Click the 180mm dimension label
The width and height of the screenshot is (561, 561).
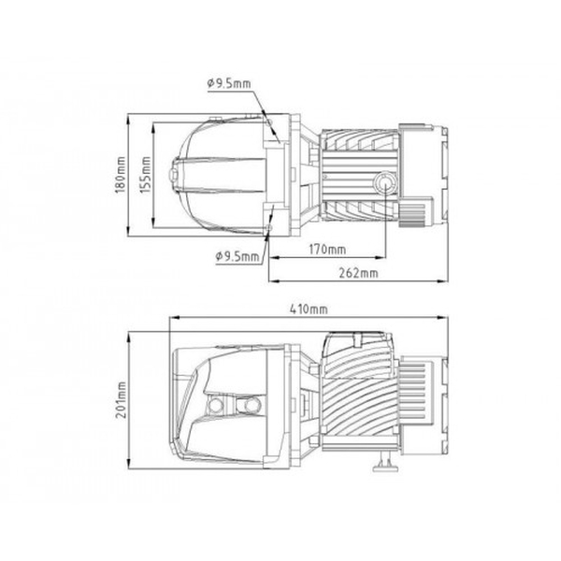coord(121,175)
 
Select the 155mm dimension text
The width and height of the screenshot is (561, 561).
coord(145,175)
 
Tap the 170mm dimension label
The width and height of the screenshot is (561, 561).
coord(327,249)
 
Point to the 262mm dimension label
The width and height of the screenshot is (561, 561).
coord(358,273)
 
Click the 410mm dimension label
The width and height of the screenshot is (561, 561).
coord(309,309)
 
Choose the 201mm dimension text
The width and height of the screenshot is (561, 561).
coord(121,399)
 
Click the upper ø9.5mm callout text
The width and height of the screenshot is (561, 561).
coord(229,83)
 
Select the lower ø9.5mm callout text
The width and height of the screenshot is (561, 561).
coord(237,256)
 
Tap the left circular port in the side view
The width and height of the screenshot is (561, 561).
coord(216,405)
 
